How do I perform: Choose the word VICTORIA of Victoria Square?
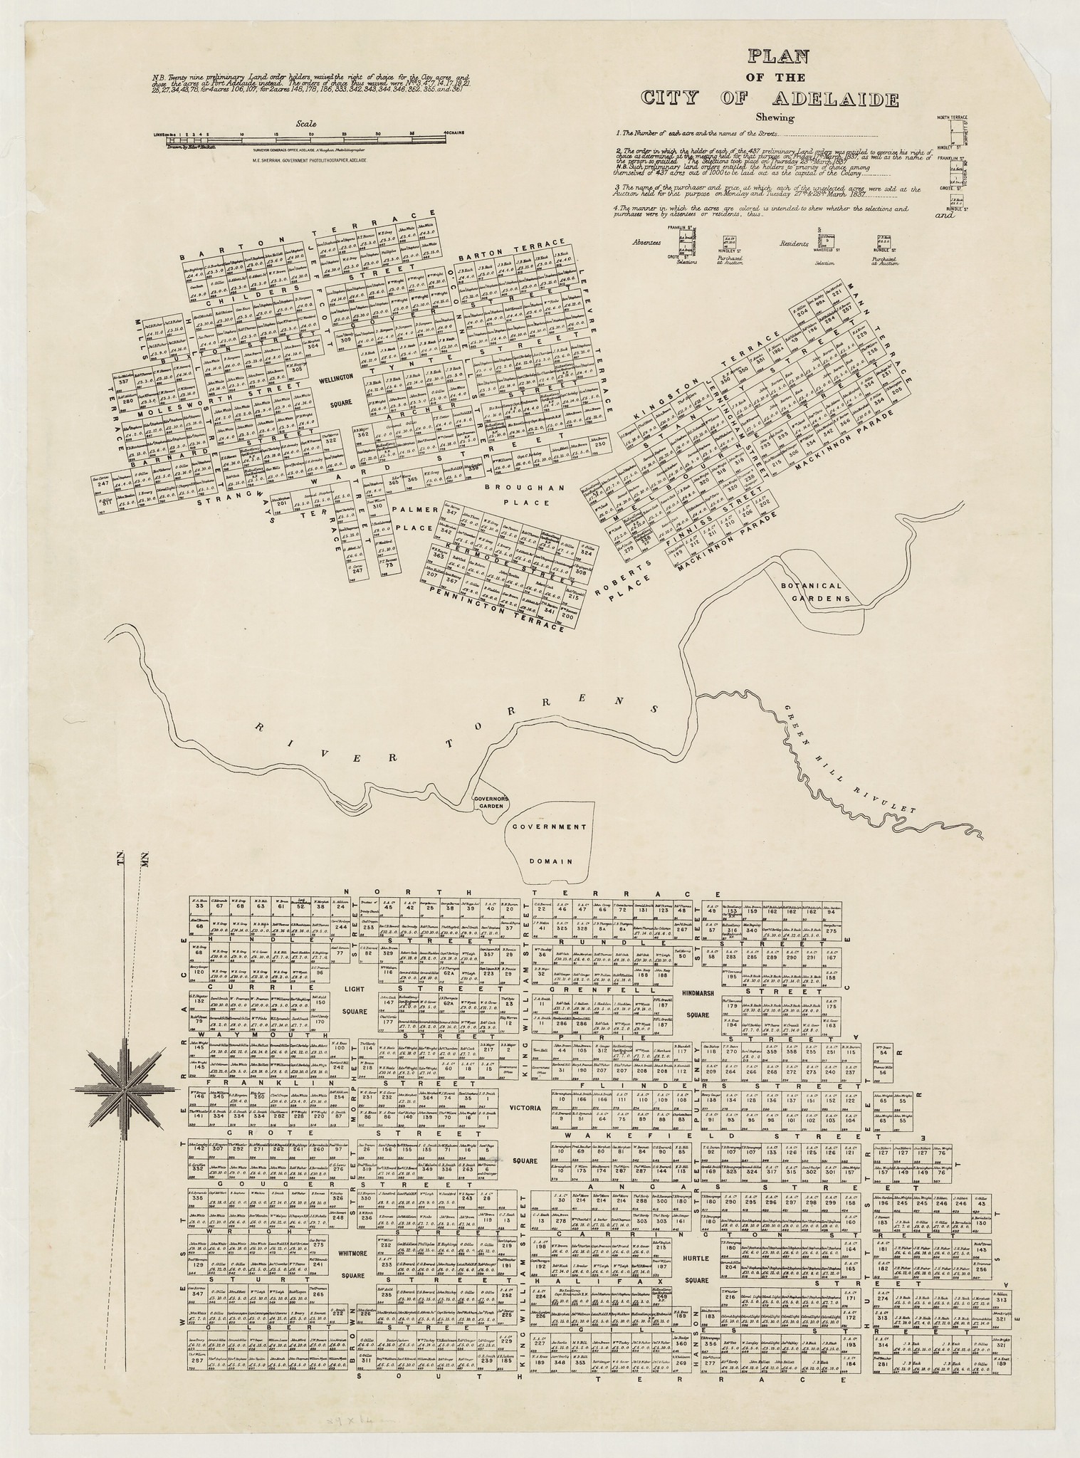525,1108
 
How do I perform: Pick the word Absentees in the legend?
646,243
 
